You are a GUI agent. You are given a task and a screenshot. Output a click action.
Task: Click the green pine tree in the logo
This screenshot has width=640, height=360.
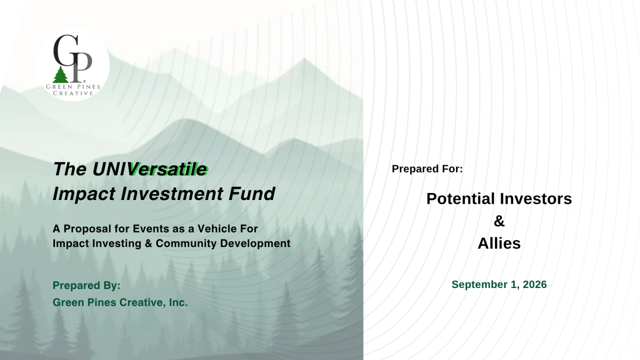(61, 75)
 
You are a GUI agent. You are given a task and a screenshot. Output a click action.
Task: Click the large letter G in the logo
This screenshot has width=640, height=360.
(66, 50)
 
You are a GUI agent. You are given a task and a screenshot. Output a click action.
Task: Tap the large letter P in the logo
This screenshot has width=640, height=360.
(81, 67)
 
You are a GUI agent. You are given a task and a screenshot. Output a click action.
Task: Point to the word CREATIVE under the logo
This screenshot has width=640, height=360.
(73, 93)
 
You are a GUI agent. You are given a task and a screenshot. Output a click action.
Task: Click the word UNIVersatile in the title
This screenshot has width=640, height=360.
(150, 169)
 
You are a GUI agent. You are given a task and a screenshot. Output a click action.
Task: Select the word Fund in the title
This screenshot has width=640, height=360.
(252, 194)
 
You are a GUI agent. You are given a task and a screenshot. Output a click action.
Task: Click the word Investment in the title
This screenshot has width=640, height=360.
(172, 194)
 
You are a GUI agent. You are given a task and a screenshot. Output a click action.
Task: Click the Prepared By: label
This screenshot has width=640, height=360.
(86, 285)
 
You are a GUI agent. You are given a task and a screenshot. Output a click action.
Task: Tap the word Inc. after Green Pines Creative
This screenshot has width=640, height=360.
(178, 302)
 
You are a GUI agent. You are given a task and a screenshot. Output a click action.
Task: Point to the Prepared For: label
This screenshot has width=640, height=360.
(427, 169)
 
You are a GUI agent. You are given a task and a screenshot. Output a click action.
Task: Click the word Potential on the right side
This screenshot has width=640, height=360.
(457, 198)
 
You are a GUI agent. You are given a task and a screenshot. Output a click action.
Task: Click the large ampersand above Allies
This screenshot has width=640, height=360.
(499, 221)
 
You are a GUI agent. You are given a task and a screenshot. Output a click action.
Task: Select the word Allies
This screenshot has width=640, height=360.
(499, 243)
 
